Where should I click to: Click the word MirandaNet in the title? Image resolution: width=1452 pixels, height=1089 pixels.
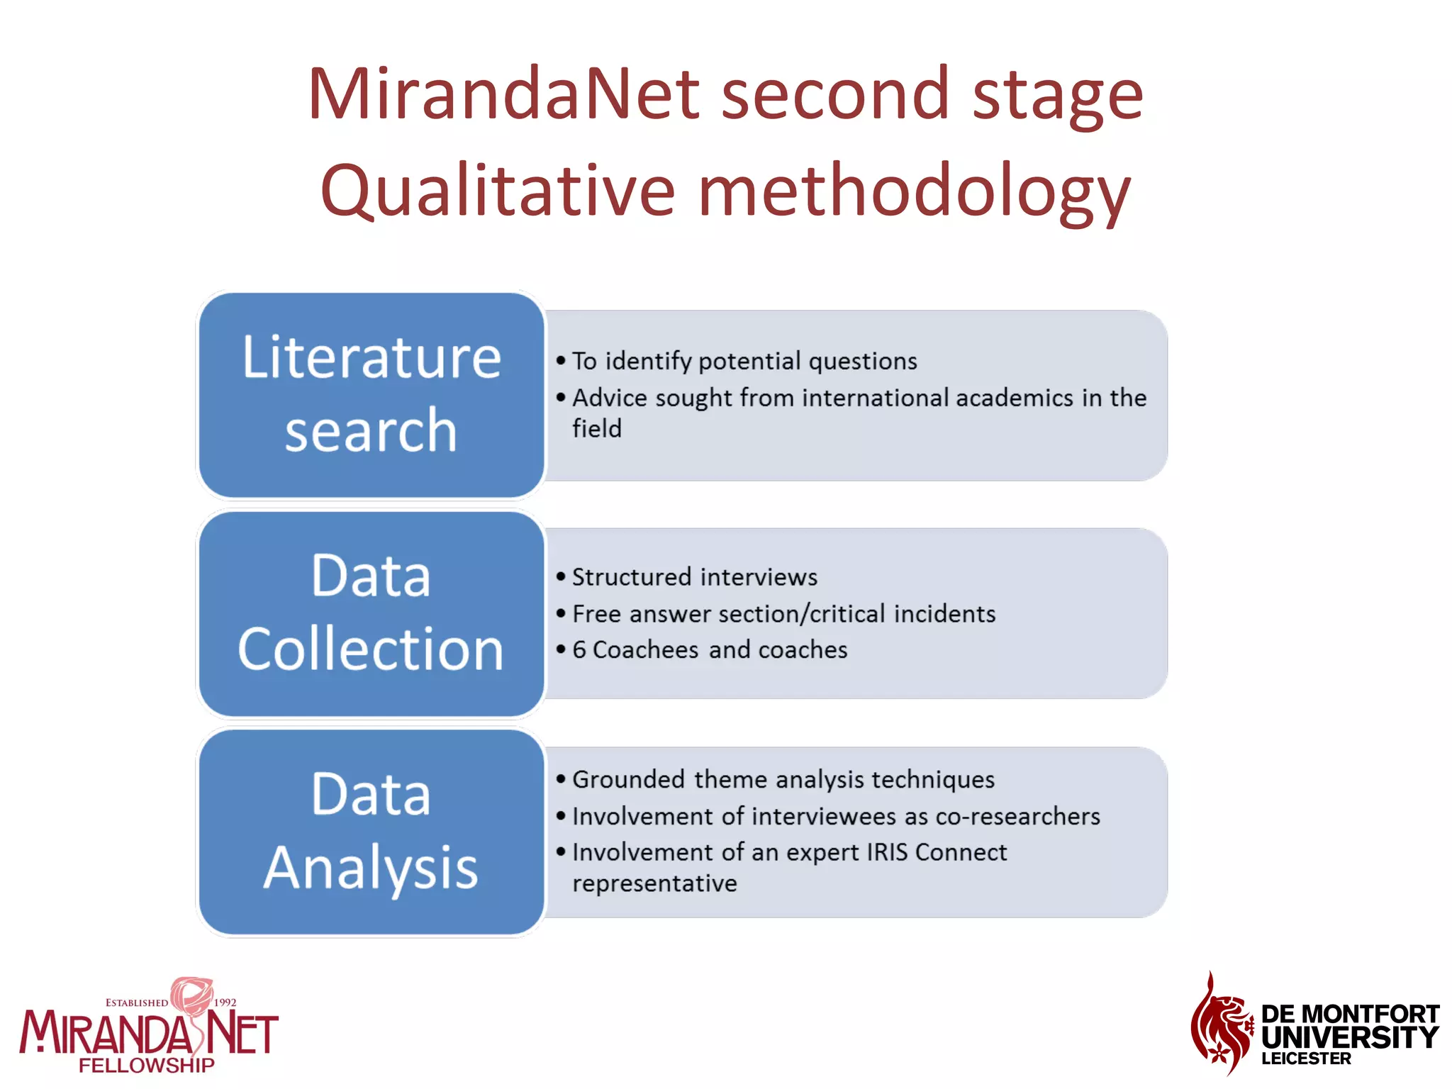[504, 94]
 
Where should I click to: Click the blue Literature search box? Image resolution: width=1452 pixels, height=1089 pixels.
[372, 394]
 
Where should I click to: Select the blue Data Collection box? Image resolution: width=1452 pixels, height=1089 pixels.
[372, 613]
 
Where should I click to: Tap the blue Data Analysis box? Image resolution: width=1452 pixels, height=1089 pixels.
[372, 831]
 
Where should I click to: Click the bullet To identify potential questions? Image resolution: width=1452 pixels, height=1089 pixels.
[744, 362]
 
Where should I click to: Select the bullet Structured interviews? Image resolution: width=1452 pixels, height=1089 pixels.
[694, 577]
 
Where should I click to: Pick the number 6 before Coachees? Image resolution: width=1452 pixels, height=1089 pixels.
[579, 650]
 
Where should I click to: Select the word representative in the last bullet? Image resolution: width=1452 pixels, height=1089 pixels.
[654, 883]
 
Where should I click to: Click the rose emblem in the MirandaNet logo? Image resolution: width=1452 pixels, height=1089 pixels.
[191, 995]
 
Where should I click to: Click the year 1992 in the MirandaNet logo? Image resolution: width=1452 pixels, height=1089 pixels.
[225, 1003]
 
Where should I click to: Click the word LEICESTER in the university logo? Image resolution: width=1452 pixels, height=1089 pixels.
[1306, 1059]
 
